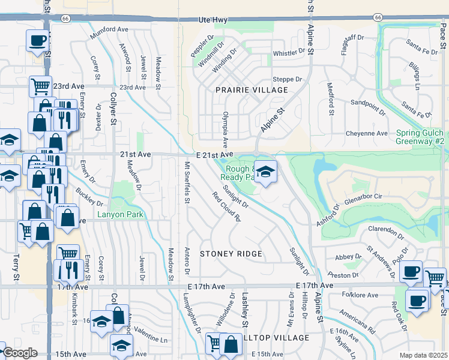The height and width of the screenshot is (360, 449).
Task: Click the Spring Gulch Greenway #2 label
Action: (x=420, y=137)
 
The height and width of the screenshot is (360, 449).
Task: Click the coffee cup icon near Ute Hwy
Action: (x=38, y=41)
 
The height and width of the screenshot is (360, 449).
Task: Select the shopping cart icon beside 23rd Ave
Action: (x=40, y=86)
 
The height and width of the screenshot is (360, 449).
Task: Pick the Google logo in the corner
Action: (x=20, y=353)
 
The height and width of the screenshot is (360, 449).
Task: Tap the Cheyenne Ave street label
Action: (x=367, y=133)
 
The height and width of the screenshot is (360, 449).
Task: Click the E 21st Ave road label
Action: (x=213, y=155)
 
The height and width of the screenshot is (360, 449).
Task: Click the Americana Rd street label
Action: (x=357, y=325)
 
